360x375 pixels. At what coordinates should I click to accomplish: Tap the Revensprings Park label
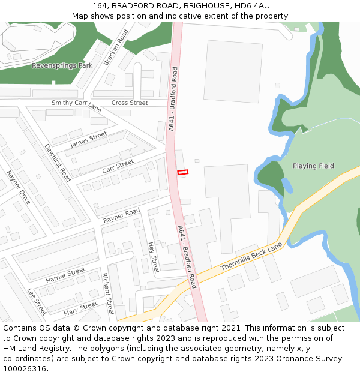pos(62,65)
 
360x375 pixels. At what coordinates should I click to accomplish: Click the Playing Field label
pos(313,166)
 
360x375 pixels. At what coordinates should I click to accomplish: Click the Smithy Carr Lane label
pos(77,105)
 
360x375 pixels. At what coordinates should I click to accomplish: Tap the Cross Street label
pos(130,103)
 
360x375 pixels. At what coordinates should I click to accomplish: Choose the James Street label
pos(88,139)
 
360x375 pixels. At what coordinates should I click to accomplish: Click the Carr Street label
pos(118,166)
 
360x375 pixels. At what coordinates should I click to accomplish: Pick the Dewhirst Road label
pos(58,163)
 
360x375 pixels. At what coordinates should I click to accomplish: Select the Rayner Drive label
pos(18,188)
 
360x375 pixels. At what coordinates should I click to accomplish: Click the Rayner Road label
pos(121,215)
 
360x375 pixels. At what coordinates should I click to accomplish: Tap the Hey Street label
pos(153,257)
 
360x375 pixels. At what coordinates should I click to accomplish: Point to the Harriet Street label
pos(65,276)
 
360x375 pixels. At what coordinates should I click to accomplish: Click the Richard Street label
pos(107,294)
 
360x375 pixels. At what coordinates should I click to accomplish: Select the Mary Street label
pos(80,308)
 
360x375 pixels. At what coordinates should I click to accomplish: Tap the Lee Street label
pos(37,301)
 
